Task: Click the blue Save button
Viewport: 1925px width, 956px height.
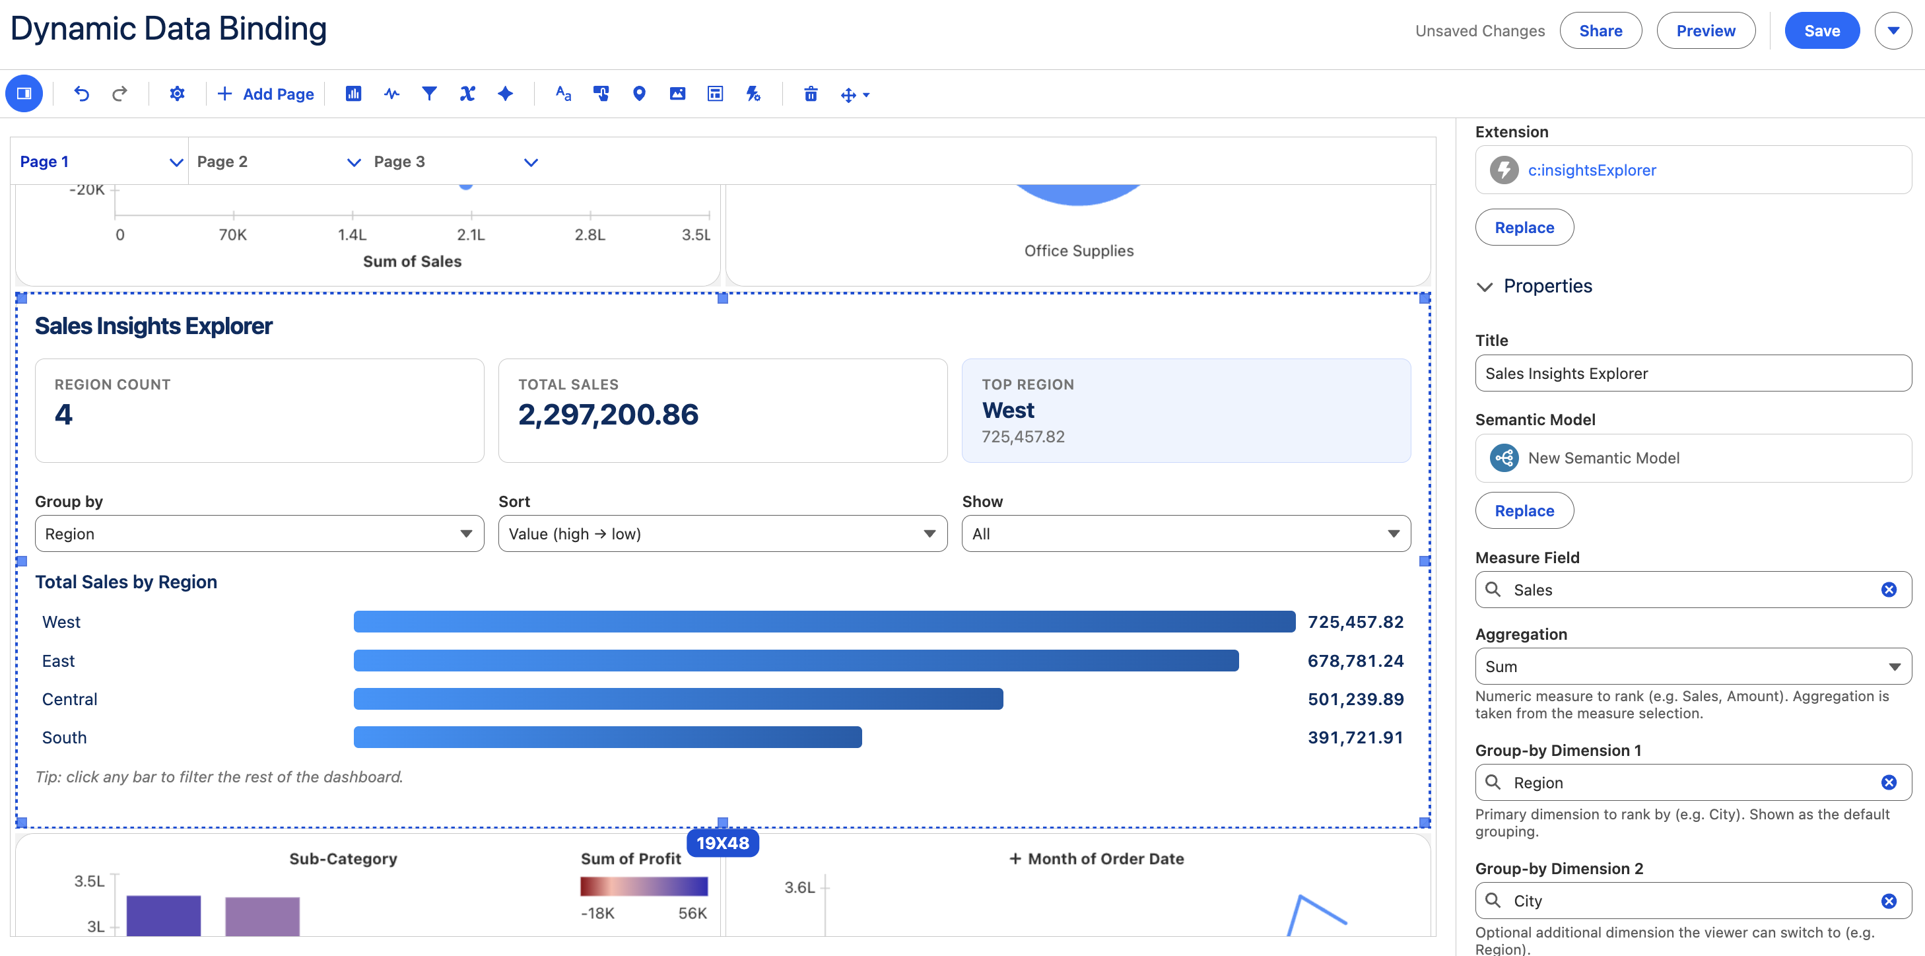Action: (x=1821, y=30)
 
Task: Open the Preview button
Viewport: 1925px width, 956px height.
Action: (x=1705, y=30)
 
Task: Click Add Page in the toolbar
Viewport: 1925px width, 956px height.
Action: (x=266, y=94)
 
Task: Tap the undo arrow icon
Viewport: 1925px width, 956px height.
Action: (x=81, y=94)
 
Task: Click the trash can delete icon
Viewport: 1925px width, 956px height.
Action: (x=810, y=94)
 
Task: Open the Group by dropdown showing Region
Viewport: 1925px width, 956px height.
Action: (x=259, y=533)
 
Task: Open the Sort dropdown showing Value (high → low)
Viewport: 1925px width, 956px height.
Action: (x=723, y=533)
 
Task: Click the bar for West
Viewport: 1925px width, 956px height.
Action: (x=825, y=622)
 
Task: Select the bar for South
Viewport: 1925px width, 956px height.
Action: (x=607, y=737)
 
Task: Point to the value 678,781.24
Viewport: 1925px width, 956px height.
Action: (x=1355, y=661)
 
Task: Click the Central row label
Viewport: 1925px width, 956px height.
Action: (x=69, y=699)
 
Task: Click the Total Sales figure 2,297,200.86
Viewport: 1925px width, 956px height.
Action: (x=608, y=414)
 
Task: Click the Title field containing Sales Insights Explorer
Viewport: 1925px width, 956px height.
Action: (x=1693, y=373)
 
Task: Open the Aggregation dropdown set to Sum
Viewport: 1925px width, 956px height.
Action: (x=1693, y=666)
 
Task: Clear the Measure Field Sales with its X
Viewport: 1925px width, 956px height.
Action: (x=1889, y=590)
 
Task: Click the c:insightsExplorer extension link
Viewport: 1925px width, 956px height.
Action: (x=1592, y=170)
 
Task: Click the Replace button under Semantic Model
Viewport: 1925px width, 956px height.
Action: (x=1524, y=510)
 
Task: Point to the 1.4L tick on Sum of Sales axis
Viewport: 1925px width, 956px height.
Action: (x=352, y=234)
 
